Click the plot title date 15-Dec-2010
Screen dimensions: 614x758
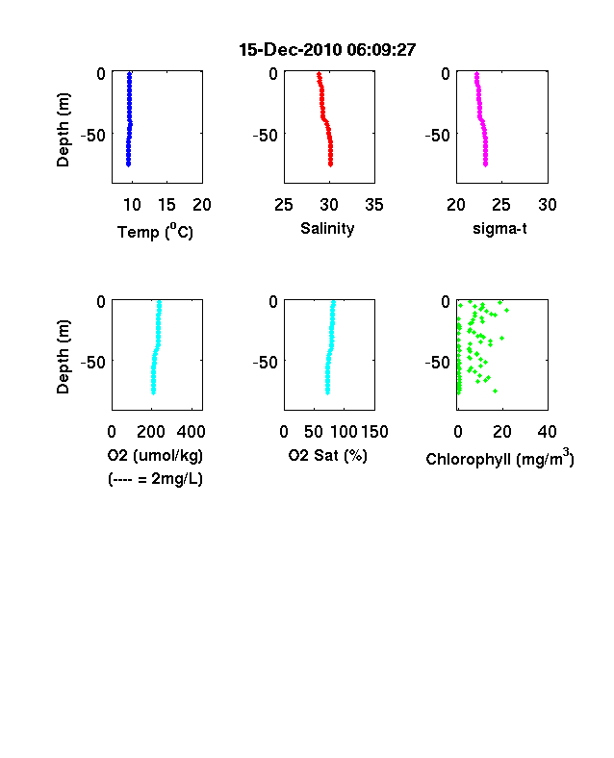[291, 50]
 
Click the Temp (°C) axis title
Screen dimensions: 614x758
[155, 232]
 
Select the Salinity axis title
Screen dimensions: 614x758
[327, 229]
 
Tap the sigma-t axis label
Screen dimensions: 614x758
[499, 229]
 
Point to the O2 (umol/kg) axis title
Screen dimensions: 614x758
[155, 456]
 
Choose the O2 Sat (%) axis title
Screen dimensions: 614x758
[328, 456]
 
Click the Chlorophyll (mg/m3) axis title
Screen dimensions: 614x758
[499, 458]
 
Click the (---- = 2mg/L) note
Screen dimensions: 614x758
[155, 479]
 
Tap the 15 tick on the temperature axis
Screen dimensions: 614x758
[166, 205]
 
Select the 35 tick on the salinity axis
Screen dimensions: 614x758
[374, 205]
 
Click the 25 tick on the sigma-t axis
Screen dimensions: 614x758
[500, 205]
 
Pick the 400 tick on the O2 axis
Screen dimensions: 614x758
[191, 432]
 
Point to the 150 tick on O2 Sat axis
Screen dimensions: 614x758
[374, 432]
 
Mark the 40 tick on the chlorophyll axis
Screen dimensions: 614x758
[547, 432]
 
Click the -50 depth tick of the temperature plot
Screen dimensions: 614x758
[92, 136]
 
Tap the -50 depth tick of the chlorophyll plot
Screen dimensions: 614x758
[438, 362]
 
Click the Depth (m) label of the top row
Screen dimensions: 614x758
[63, 130]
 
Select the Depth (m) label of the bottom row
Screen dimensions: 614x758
[63, 357]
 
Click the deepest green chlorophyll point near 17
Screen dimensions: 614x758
[495, 391]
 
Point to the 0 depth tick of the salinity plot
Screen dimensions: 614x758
[273, 74]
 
